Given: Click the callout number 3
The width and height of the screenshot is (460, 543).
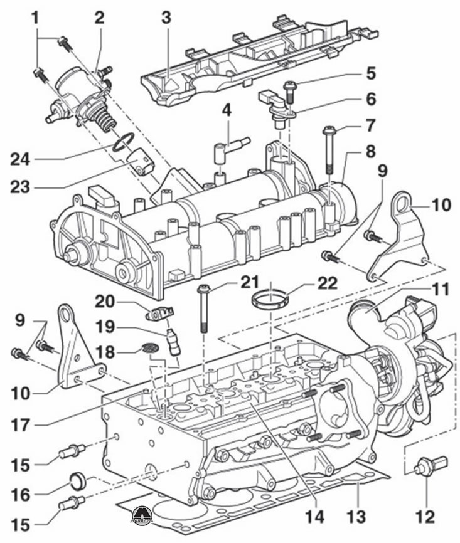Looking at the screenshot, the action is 166,18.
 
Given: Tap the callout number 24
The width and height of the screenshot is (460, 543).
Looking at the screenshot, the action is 20,160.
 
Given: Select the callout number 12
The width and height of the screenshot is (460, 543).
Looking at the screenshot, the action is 425,517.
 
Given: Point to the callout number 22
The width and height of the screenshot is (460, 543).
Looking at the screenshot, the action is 327,283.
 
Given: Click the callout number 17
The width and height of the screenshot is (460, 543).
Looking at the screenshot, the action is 19,426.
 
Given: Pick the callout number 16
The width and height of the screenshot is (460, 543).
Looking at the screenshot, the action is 21,495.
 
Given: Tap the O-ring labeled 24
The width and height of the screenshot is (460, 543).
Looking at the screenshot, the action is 123,142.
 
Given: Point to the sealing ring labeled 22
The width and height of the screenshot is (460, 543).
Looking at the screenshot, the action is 270,298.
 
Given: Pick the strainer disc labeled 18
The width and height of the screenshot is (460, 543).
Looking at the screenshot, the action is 151,348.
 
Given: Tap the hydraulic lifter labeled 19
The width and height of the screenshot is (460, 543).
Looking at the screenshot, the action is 173,343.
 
